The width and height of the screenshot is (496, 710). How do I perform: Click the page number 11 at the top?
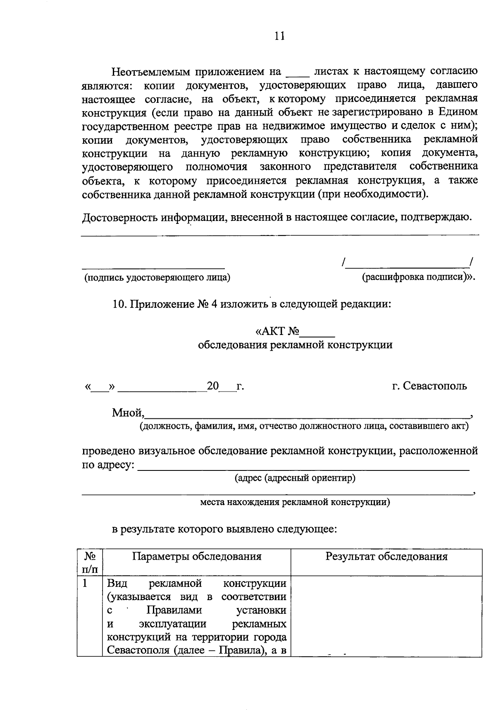(280, 36)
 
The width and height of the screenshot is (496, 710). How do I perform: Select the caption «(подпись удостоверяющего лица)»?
(157, 278)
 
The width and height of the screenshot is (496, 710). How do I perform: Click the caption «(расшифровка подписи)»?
(417, 277)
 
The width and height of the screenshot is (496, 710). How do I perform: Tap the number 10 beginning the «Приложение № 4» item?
(118, 304)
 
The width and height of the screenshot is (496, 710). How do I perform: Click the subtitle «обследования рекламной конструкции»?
(295, 345)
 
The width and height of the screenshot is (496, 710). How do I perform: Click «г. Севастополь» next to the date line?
(429, 386)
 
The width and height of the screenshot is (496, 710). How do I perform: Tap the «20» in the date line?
(212, 386)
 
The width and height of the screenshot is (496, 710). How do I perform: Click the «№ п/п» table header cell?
(90, 563)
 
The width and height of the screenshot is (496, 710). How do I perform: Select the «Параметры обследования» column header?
(197, 556)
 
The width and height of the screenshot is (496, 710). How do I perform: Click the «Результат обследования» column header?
(386, 556)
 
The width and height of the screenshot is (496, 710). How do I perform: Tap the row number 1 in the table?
(85, 584)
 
